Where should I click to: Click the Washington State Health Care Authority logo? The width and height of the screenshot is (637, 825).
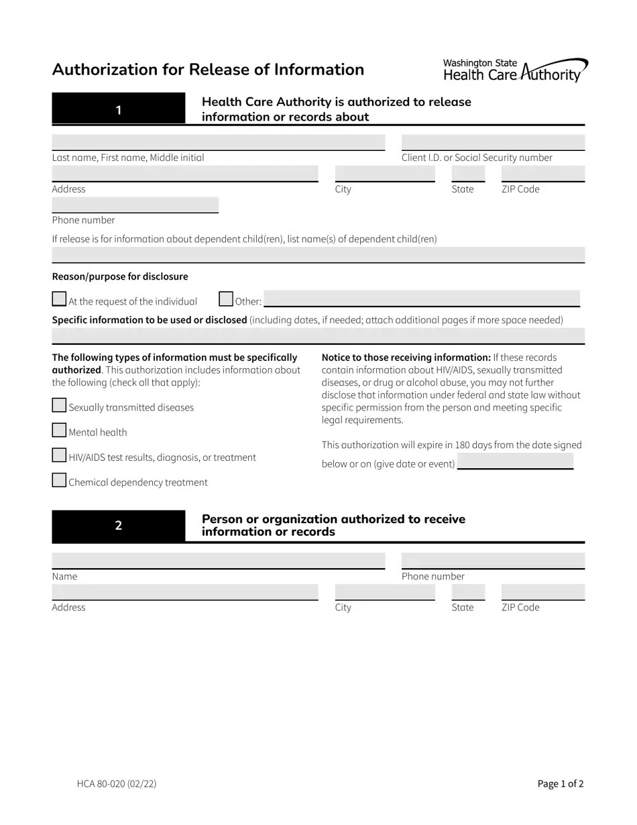[515, 70]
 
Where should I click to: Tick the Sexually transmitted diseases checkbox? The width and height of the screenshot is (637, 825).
[59, 405]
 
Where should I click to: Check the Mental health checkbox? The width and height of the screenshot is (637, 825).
[59, 430]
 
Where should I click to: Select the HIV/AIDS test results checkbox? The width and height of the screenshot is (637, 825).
[59, 455]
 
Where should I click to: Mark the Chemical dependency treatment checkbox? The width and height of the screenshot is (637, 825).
[59, 480]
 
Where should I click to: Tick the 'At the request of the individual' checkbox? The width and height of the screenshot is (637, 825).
[59, 298]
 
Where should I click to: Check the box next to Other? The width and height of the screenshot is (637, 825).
[226, 298]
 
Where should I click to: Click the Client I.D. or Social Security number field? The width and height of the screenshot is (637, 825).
[493, 142]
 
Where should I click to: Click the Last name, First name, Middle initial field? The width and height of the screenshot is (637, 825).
[218, 142]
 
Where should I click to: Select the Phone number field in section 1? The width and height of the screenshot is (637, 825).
[135, 205]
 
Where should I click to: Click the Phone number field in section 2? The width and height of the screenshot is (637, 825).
[493, 561]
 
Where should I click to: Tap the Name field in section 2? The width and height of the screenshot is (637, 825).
[218, 561]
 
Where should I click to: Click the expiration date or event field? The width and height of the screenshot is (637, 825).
[515, 461]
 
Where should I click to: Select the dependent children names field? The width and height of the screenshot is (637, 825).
[318, 255]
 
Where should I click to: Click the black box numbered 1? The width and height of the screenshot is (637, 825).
[118, 109]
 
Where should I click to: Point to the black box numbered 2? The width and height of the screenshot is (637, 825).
[118, 526]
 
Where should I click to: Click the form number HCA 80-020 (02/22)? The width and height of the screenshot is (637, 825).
[117, 783]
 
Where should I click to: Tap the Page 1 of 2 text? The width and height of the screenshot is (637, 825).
[561, 783]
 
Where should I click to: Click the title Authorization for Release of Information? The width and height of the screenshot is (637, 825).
[208, 70]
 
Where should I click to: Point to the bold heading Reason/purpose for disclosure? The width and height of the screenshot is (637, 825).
[120, 276]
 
